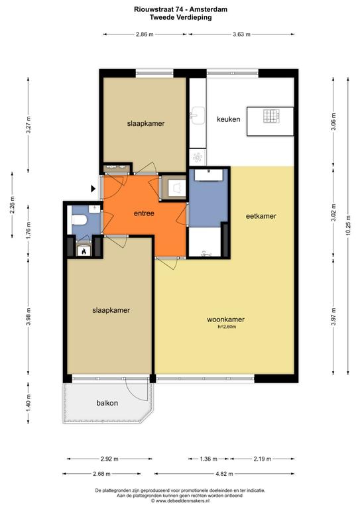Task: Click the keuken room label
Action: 229,119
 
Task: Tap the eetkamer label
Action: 261,216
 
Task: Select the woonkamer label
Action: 225,319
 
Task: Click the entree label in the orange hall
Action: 144,213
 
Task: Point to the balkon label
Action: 107,403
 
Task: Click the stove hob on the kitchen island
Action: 271,116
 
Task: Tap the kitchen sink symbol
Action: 198,115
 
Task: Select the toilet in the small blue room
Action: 80,221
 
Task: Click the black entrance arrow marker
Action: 93,188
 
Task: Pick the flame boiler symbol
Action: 84,251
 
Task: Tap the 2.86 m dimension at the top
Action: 145,34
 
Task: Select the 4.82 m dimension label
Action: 224,474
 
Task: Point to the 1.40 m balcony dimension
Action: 29,403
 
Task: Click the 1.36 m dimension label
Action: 208,459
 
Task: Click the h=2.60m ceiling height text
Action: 227,327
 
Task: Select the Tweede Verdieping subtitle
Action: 180,17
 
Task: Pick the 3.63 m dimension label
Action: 241,34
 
